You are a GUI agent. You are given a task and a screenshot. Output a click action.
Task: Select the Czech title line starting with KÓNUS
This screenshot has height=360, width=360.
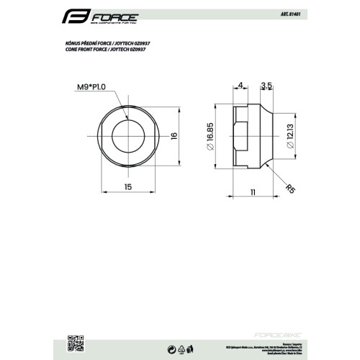107,42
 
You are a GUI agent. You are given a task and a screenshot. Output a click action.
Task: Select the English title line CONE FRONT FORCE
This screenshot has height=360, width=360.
107,50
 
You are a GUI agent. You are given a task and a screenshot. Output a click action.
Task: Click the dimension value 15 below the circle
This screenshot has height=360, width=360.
127,186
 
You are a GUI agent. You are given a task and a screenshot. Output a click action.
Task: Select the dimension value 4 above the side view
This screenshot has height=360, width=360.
239,85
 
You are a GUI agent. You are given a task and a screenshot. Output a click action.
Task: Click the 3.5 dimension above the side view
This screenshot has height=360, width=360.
266,85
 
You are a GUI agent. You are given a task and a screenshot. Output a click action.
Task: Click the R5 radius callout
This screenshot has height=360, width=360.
290,189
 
